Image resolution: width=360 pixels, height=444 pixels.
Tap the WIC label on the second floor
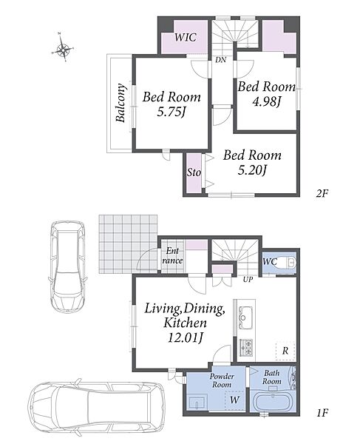click(186, 37)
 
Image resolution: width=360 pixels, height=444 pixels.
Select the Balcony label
click(120, 103)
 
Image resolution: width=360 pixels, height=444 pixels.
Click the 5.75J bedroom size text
click(171, 112)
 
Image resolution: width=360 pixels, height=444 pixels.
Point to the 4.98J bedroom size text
click(266, 102)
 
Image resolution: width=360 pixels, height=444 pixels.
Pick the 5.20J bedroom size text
click(252, 170)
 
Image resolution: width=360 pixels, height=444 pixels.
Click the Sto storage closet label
click(194, 172)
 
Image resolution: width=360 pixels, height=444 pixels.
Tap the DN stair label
click(220, 60)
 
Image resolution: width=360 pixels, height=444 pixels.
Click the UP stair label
click(248, 280)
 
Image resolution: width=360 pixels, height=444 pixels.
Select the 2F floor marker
click(322, 193)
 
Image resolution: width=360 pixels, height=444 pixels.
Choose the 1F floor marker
click(322, 413)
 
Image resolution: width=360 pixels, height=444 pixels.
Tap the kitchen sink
click(245, 317)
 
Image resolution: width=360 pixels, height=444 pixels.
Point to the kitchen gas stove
click(246, 348)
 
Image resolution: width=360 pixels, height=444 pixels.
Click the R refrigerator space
click(285, 351)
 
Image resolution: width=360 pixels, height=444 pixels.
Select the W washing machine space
click(234, 400)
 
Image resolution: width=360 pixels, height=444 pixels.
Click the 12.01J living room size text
click(186, 337)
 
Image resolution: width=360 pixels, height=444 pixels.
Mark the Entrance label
click(172, 256)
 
